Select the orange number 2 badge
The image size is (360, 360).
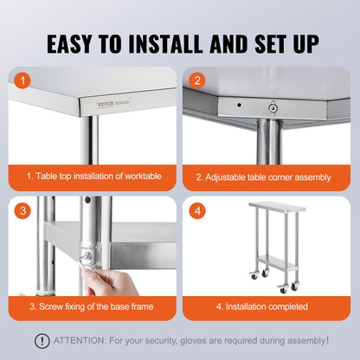[x=197, y=80]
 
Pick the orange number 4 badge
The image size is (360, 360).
[x=197, y=210]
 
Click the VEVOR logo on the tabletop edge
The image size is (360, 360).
[x=93, y=103]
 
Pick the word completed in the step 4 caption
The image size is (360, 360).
[x=299, y=305]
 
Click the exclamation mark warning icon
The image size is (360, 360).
[x=41, y=341]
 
